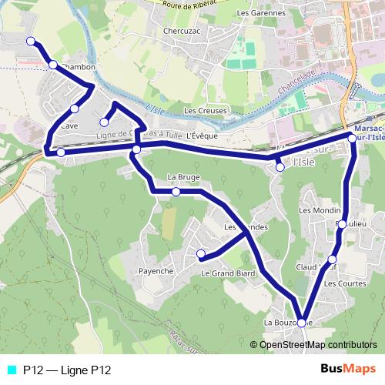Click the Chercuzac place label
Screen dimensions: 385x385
pyautogui.click(x=182, y=32)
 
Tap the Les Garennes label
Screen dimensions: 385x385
pyautogui.click(x=262, y=13)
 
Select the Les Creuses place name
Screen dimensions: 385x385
pyautogui.click(x=206, y=110)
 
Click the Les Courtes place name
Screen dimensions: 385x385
pyautogui.click(x=341, y=283)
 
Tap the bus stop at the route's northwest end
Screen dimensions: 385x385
pyautogui.click(x=30, y=41)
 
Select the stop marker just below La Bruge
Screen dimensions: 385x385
pyautogui.click(x=176, y=192)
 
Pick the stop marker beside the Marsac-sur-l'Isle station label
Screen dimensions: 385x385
pyautogui.click(x=352, y=138)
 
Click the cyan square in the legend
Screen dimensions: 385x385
pyautogui.click(x=11, y=370)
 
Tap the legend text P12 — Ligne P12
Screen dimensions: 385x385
pyautogui.click(x=67, y=370)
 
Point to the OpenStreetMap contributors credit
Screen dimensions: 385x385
pyautogui.click(x=317, y=344)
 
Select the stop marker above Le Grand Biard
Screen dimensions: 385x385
pyautogui.click(x=200, y=253)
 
